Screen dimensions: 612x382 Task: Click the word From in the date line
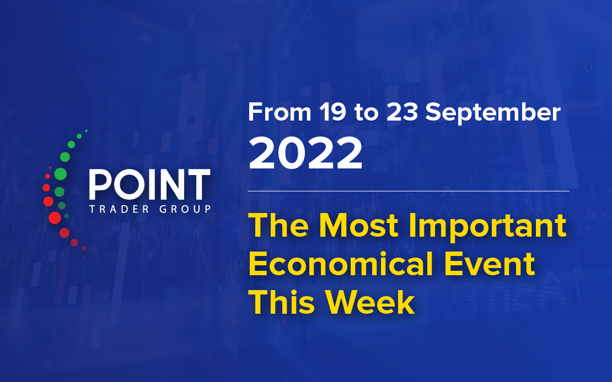pos(280,112)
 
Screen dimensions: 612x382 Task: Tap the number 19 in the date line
pos(332,112)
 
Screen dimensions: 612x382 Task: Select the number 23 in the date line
pos(402,112)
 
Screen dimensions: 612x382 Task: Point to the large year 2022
pos(305,153)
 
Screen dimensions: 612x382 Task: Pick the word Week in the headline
pos(370,303)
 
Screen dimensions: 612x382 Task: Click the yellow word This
pos(282,303)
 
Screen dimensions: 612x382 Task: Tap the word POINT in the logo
pos(150,185)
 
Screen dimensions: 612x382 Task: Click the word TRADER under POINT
pos(119,209)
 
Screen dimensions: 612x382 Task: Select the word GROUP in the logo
pos(185,209)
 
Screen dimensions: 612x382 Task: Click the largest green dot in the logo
pos(61,174)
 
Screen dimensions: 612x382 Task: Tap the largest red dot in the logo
pos(55,218)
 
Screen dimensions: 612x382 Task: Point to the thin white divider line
pos(409,192)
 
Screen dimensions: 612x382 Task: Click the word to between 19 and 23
pos(367,113)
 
